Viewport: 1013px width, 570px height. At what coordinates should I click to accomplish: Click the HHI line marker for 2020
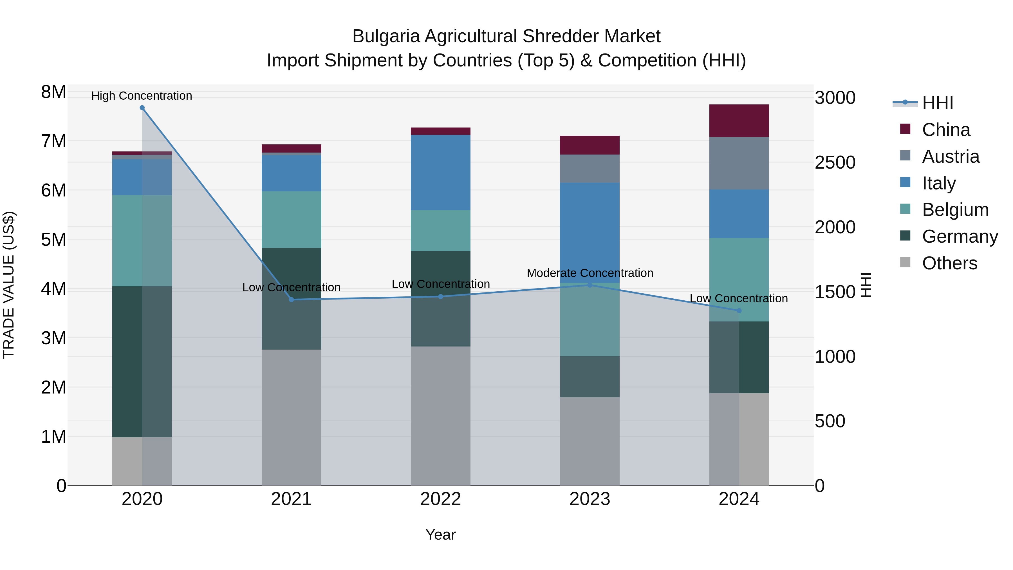(142, 108)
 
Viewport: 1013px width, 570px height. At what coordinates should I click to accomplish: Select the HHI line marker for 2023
(590, 285)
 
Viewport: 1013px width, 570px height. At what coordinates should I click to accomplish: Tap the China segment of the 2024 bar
(739, 121)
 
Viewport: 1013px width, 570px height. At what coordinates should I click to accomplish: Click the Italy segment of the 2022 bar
(440, 172)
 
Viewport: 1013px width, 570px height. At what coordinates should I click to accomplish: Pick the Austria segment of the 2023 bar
(590, 168)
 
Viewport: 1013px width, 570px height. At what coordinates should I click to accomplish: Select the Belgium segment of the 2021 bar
(292, 220)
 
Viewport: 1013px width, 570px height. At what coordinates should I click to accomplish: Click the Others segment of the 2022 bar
(440, 416)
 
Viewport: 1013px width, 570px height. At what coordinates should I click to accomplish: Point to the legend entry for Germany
(960, 236)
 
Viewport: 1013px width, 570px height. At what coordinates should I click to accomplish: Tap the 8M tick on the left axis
(53, 92)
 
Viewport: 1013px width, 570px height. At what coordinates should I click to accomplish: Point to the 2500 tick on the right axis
(835, 162)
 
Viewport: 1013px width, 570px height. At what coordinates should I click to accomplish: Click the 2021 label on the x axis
(292, 499)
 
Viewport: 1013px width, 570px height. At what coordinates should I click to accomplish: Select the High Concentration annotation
(142, 96)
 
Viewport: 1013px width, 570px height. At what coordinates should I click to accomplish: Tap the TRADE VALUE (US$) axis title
(9, 285)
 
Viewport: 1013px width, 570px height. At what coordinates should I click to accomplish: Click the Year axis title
(440, 535)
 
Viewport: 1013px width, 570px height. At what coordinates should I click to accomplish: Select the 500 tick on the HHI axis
(830, 421)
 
